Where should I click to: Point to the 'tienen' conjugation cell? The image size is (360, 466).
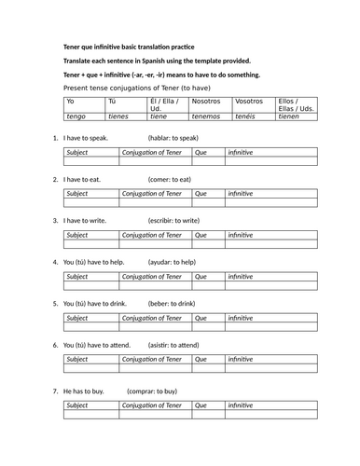[x=291, y=116]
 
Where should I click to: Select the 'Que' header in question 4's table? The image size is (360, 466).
[x=200, y=277]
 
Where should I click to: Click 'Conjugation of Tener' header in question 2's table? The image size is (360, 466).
[x=152, y=193]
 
